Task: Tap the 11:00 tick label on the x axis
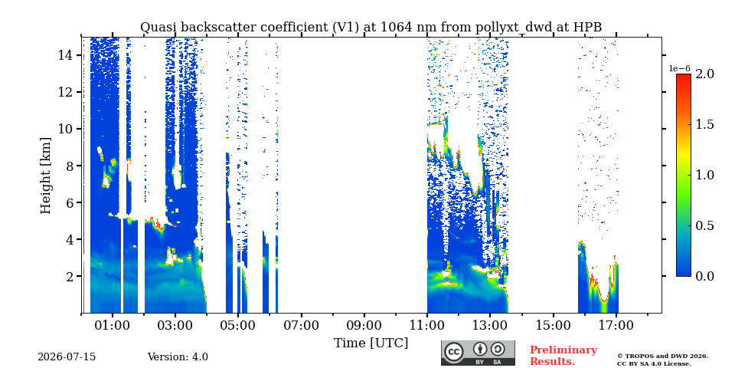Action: point(427,325)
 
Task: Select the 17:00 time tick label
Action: point(616,325)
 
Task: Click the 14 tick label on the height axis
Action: point(66,55)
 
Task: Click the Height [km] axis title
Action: point(45,176)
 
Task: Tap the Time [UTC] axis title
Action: point(371,343)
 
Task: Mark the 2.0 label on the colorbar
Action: point(704,74)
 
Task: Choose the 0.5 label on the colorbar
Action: point(704,225)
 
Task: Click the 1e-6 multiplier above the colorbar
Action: point(679,68)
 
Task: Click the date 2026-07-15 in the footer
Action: point(67,357)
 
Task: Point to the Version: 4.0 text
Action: point(178,357)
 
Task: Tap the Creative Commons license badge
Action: point(478,353)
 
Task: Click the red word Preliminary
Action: point(563,350)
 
